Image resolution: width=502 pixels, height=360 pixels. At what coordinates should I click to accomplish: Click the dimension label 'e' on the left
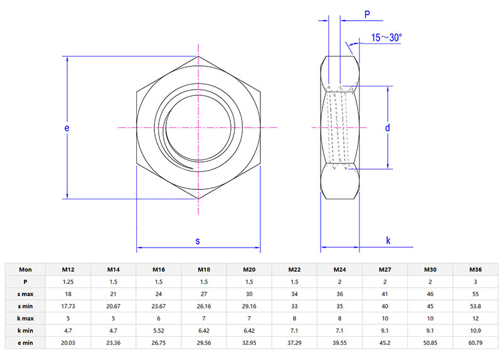[67, 128]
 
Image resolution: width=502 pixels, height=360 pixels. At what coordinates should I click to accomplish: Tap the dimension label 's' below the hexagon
[198, 241]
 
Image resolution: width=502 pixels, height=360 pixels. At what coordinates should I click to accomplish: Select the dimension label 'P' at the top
[366, 14]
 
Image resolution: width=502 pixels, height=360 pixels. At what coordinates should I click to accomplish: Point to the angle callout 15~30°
[386, 38]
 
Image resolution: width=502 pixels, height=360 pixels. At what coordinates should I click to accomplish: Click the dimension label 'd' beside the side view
[388, 128]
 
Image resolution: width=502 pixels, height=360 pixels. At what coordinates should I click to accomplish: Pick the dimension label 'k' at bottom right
[388, 241]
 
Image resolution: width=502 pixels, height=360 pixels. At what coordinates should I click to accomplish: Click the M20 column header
[249, 270]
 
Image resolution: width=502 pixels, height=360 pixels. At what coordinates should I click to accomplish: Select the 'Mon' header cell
[25, 270]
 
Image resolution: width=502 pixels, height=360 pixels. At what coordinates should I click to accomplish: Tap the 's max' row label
[25, 294]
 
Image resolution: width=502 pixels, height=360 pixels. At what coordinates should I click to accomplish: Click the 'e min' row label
[25, 343]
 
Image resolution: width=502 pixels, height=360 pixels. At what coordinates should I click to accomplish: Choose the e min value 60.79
[476, 343]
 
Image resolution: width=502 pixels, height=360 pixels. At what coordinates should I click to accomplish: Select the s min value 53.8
[476, 306]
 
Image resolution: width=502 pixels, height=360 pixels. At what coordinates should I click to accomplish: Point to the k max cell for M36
[476, 319]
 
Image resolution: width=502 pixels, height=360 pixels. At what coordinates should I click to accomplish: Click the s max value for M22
[294, 294]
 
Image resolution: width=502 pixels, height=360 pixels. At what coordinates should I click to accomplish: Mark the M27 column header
[385, 270]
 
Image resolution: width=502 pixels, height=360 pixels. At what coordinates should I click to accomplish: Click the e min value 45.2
[385, 343]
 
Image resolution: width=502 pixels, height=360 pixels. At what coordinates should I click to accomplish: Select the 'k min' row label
[25, 331]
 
